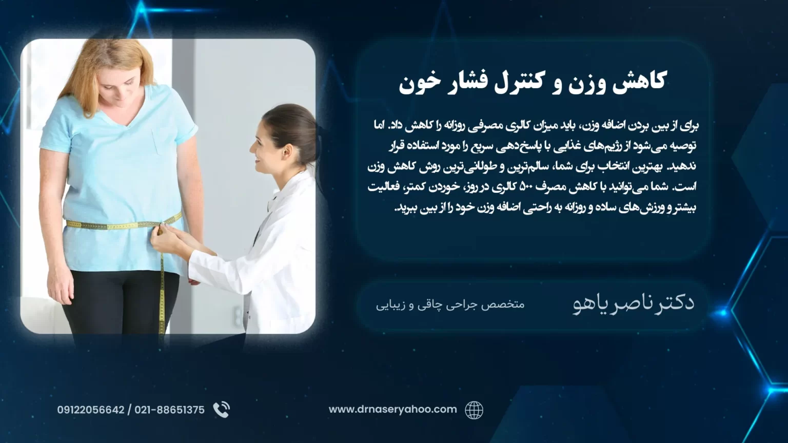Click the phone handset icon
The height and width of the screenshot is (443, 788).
click(222, 410)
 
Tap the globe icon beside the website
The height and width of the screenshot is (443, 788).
click(474, 410)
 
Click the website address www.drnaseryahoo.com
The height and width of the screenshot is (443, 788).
click(392, 410)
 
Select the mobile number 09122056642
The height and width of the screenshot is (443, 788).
click(91, 410)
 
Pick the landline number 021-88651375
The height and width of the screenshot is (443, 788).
click(169, 410)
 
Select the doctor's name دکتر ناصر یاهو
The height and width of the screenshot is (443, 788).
click(633, 304)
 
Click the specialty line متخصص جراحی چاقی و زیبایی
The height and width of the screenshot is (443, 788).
click(450, 305)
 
